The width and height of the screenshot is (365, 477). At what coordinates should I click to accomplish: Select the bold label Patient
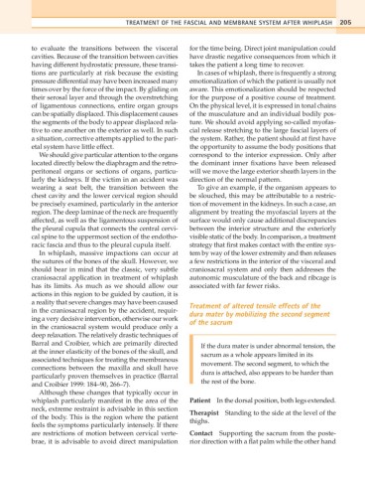coord(206,423)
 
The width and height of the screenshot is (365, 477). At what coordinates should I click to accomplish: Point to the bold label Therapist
coord(211,438)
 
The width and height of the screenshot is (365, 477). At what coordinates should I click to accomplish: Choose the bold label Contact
coord(207,463)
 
